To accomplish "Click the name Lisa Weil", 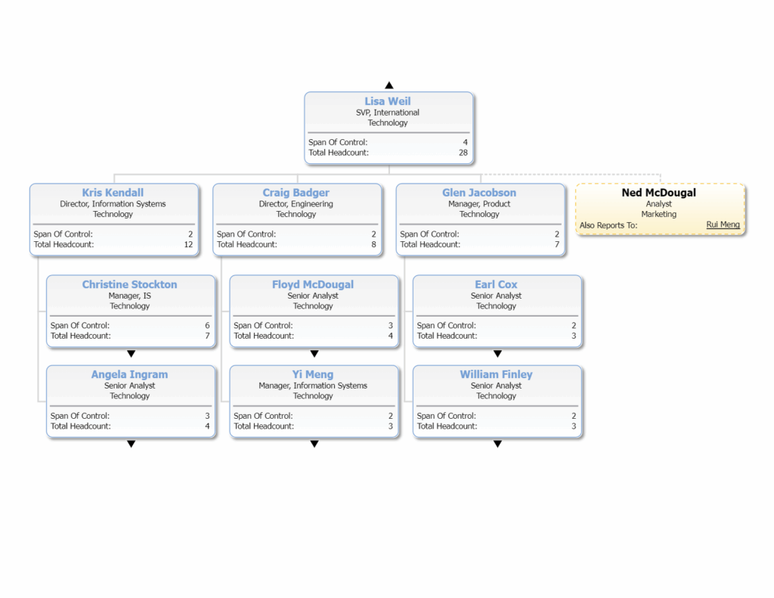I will click(x=388, y=101).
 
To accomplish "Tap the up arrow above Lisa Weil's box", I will click(x=389, y=85).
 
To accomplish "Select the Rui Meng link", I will click(x=723, y=225).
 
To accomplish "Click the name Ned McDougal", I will click(x=658, y=193).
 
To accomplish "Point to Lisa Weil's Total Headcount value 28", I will click(x=463, y=153).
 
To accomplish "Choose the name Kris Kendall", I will click(x=113, y=193).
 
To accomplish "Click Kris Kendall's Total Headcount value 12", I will click(x=188, y=244).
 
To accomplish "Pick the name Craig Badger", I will click(x=296, y=193).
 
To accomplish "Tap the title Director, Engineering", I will click(x=296, y=204).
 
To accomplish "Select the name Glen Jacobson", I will click(x=479, y=193).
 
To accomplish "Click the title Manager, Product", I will click(x=479, y=204).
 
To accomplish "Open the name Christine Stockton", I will click(x=130, y=284).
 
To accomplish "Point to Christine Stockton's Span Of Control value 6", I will click(x=206, y=326).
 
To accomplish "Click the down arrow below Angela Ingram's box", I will click(x=131, y=444).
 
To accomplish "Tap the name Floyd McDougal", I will click(x=313, y=284).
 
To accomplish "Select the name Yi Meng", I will click(x=313, y=374).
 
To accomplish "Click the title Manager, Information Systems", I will click(x=313, y=386).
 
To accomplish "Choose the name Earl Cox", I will click(x=497, y=284).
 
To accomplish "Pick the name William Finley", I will click(x=497, y=374).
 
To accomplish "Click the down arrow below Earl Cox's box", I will click(x=497, y=354).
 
